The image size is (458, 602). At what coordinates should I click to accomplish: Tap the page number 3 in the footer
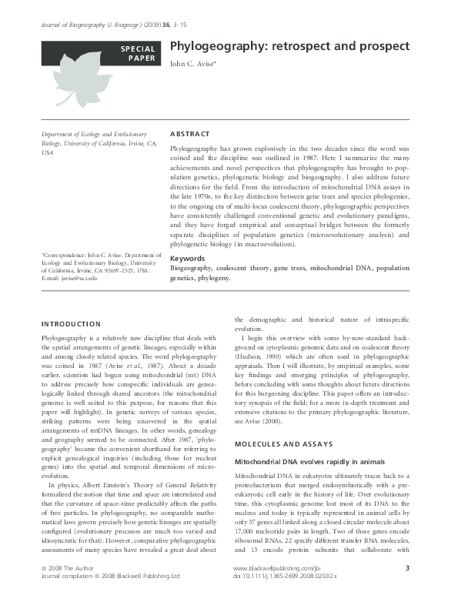point(406,568)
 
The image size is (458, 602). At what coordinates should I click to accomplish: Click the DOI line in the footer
point(285,575)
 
